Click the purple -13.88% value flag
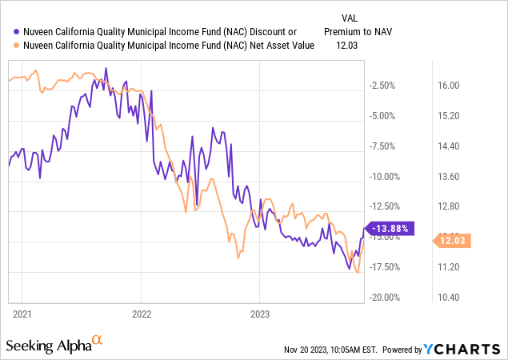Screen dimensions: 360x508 click(x=390, y=228)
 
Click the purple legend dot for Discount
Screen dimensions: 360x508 click(x=10, y=32)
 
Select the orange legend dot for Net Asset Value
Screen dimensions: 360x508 click(x=10, y=46)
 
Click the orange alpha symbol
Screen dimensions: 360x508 click(x=98, y=340)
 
